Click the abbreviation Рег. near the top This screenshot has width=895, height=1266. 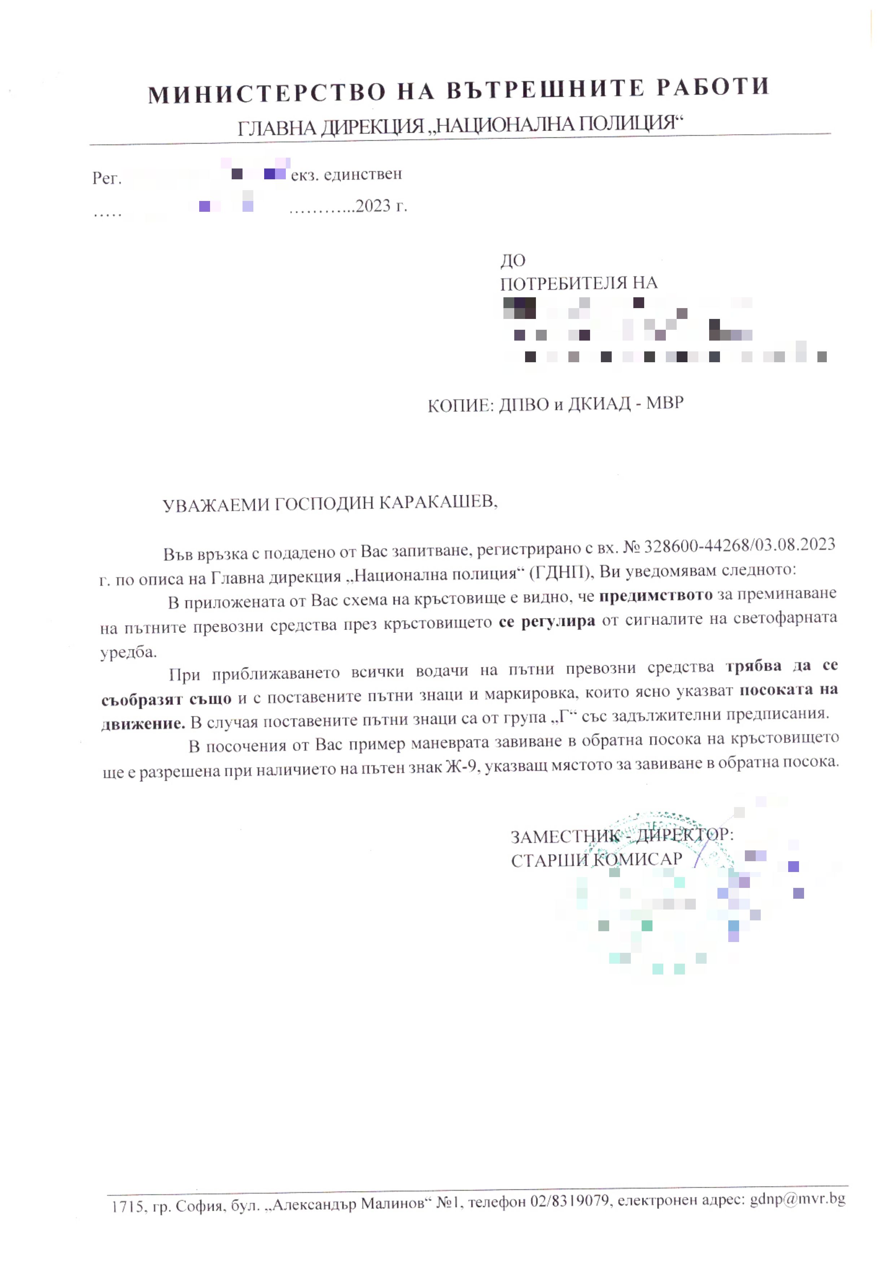coord(106,178)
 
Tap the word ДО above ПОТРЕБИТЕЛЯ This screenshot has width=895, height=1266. coord(513,260)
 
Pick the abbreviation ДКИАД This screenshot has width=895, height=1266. coord(599,404)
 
